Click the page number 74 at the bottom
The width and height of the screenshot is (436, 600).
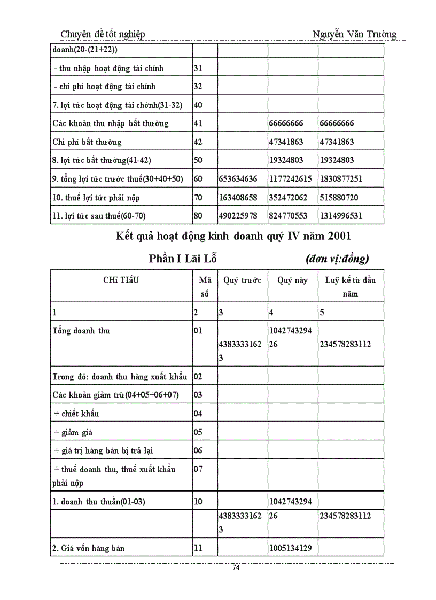click(x=236, y=568)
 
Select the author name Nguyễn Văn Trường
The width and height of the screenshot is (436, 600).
click(x=354, y=35)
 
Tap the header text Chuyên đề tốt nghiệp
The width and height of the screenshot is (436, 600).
click(x=103, y=35)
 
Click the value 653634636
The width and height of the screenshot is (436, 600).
click(x=238, y=179)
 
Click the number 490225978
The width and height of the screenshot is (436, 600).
click(x=238, y=216)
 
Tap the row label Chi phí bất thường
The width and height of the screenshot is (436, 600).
click(x=87, y=142)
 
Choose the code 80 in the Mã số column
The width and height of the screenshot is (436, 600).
click(x=198, y=216)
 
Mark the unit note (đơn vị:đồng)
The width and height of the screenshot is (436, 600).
click(x=337, y=260)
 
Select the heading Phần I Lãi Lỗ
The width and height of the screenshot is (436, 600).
click(x=183, y=260)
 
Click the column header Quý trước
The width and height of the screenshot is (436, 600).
click(x=242, y=280)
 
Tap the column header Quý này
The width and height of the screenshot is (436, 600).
click(x=292, y=280)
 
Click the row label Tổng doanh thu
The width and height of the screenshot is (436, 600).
click(x=81, y=331)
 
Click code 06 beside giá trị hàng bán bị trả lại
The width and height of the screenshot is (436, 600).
click(x=198, y=450)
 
